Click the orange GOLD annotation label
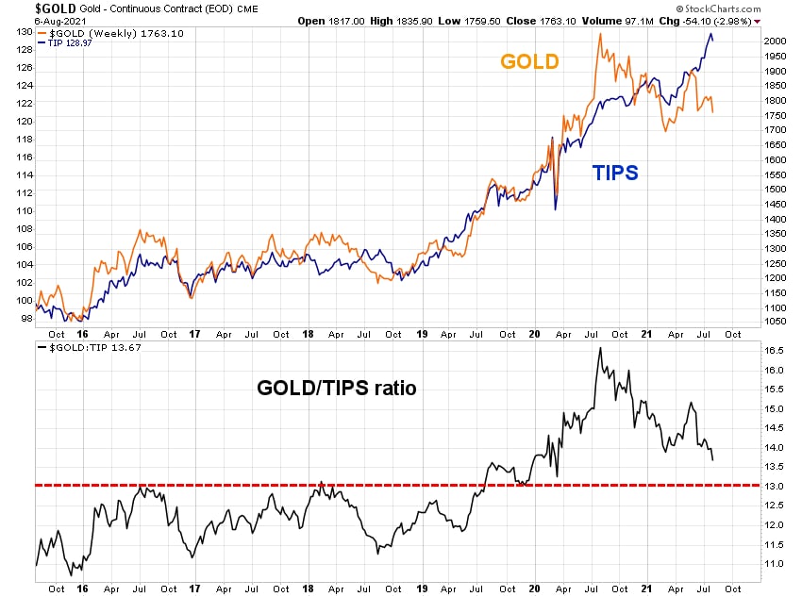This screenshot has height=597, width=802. [529, 62]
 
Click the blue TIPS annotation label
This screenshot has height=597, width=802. [615, 173]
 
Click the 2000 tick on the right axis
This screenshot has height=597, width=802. [775, 41]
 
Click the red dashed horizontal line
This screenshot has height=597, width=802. [283, 485]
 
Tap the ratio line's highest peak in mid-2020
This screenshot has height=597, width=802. [599, 348]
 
